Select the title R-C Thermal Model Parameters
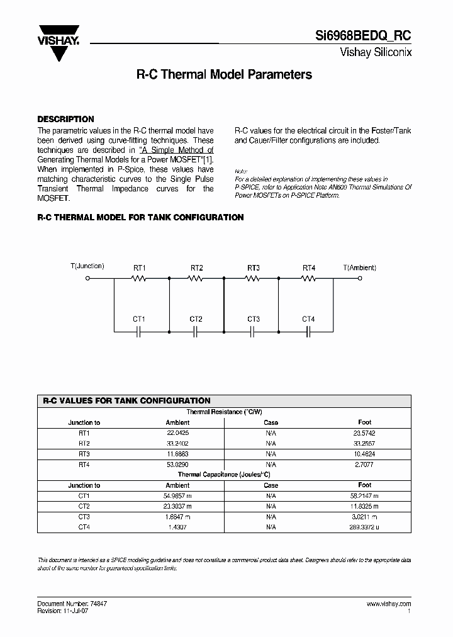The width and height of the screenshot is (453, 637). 224,74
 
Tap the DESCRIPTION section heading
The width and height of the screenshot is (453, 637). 65,119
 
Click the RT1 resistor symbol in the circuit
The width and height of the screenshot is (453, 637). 139,278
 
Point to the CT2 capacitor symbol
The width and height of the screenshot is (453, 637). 196,330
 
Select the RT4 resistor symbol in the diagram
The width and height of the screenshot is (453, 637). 308,278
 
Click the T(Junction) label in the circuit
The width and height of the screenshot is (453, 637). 87,266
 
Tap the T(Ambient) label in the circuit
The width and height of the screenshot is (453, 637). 360,267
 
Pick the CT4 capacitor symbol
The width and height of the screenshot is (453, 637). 308,330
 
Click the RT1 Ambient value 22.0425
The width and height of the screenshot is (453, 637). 177,433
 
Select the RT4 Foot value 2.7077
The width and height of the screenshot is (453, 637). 364,464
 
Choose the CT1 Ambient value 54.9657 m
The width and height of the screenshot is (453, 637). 177,496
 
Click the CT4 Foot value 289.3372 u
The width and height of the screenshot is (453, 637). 364,527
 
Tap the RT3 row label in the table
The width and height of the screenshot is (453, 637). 84,454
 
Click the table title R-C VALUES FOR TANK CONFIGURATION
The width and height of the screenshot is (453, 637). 126,400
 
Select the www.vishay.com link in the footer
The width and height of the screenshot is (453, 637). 388,604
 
